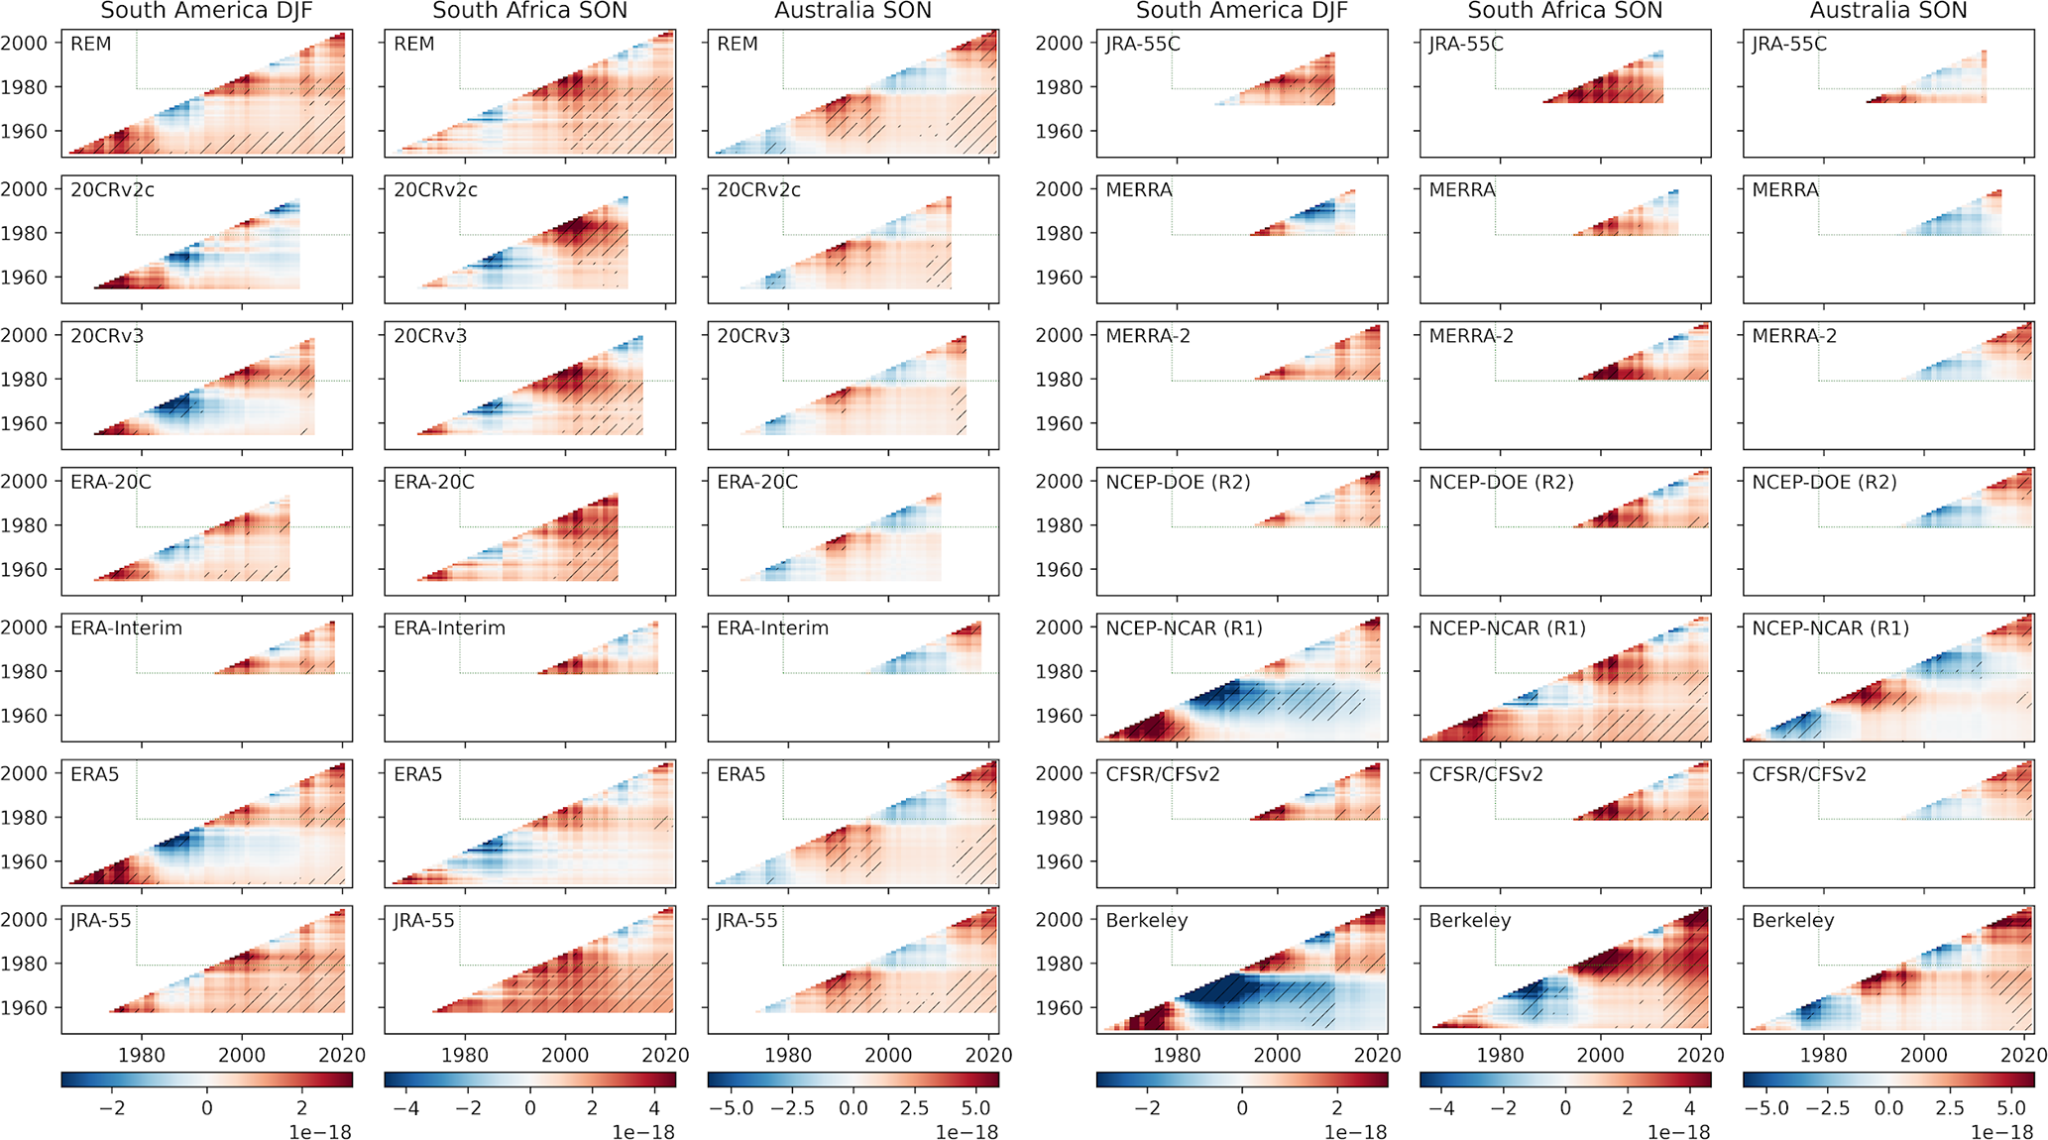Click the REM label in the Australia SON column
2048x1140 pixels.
click(738, 45)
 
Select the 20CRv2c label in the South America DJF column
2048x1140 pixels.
click(112, 190)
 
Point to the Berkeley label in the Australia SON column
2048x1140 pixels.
click(1792, 921)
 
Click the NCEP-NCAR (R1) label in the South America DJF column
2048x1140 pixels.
click(1184, 628)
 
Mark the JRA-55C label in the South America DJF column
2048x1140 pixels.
click(1143, 45)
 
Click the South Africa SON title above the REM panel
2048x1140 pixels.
click(529, 12)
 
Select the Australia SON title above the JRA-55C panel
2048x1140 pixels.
click(1888, 12)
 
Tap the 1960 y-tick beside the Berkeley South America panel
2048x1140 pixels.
click(1060, 1008)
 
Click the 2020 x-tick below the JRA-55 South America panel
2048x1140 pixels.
click(343, 1056)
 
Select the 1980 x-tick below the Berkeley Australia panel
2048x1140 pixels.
click(1823, 1056)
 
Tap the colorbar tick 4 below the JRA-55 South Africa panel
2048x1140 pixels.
click(653, 1108)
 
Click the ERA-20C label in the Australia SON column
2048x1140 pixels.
click(757, 483)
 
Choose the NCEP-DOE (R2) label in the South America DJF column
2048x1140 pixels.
click(1178, 483)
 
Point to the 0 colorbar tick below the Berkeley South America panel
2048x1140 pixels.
click(1242, 1108)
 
